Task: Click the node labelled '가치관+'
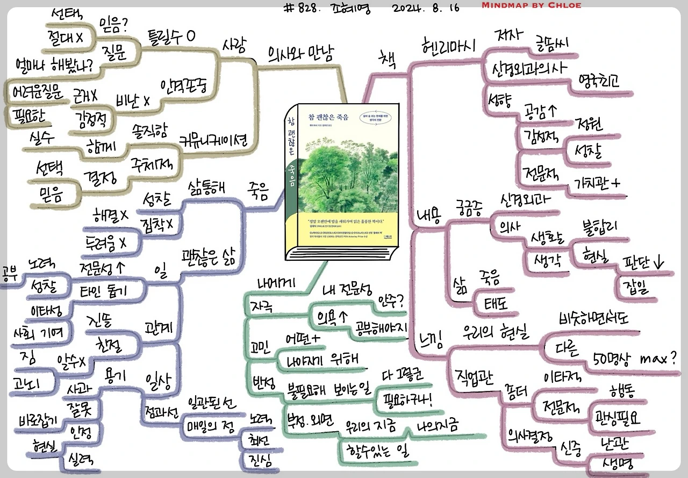(x=597, y=183)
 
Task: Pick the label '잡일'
(x=635, y=286)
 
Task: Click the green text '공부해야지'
(x=381, y=329)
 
